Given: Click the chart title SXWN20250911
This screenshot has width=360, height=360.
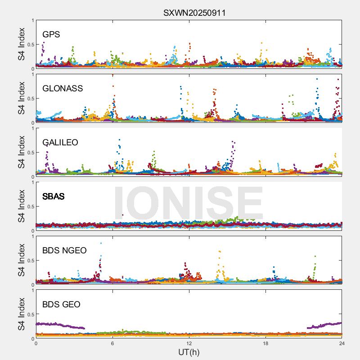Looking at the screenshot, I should point(194,13).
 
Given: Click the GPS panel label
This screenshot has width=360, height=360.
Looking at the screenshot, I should point(51,35).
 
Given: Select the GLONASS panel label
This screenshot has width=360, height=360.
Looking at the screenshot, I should point(63,89).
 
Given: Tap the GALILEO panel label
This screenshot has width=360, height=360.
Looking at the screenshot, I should point(60,143).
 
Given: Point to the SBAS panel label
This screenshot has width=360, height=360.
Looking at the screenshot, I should point(53,197).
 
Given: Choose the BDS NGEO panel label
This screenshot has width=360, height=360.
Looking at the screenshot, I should point(64,251).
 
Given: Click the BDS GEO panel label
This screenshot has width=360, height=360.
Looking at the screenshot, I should point(61,305).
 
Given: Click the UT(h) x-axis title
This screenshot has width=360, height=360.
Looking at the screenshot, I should point(189,352).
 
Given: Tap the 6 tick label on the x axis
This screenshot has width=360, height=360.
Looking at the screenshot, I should point(112,343).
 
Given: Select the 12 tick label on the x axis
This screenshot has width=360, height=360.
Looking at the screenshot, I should point(189,343).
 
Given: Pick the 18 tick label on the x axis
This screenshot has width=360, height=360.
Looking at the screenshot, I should point(265,343).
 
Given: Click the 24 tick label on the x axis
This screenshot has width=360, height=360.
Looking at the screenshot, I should point(342,343).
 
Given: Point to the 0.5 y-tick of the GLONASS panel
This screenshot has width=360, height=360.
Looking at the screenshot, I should point(30,99).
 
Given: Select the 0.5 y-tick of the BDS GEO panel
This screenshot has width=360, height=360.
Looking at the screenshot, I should point(30,315).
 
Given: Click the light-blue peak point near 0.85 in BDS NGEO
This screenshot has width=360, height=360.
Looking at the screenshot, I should point(101,243).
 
